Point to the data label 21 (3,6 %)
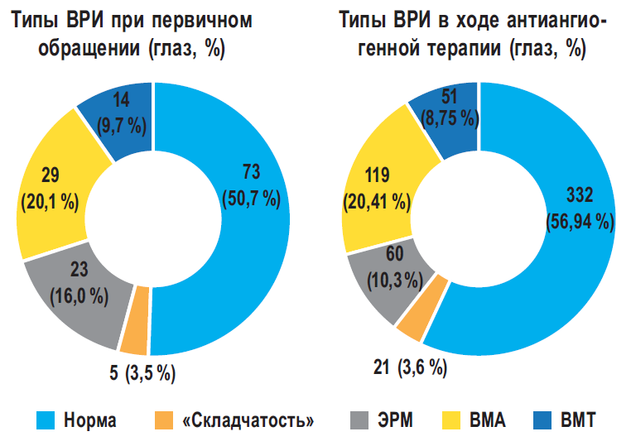[x=409, y=365]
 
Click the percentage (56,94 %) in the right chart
[x=578, y=222]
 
